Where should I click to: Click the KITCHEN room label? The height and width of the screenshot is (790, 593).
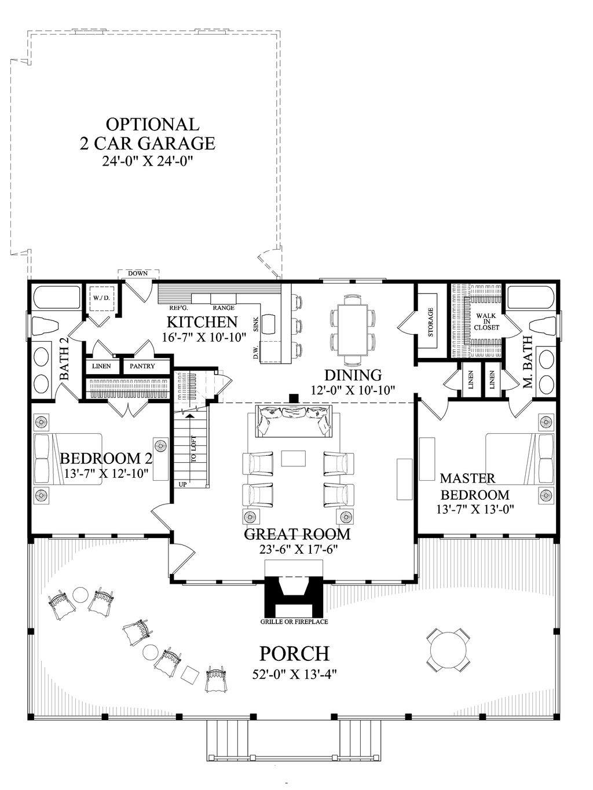pyautogui.click(x=202, y=321)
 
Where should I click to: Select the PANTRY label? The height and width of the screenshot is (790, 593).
pyautogui.click(x=142, y=366)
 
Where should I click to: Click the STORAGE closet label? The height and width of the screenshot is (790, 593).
pyautogui.click(x=430, y=323)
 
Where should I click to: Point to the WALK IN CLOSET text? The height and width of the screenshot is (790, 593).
pyautogui.click(x=486, y=321)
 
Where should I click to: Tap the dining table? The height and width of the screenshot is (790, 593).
pyautogui.click(x=353, y=325)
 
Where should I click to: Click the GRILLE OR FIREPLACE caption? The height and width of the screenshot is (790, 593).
pyautogui.click(x=294, y=622)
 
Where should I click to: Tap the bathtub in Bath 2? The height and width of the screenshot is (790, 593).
pyautogui.click(x=56, y=297)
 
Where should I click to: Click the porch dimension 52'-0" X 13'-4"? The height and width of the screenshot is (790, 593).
pyautogui.click(x=294, y=675)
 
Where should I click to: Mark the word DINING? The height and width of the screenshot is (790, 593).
pyautogui.click(x=353, y=375)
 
